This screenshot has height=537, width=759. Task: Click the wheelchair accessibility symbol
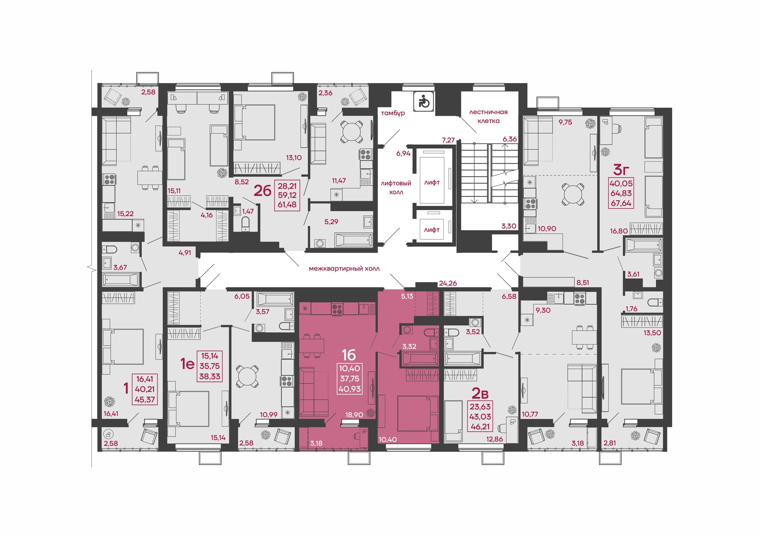coord(424,101)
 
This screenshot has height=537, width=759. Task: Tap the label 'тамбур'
coord(393,113)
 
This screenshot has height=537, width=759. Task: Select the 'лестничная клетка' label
coord(488,116)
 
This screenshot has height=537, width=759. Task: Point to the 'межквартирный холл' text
coord(344,268)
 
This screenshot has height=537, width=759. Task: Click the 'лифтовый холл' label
coord(396,188)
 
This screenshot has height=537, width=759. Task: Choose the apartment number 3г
coord(621,170)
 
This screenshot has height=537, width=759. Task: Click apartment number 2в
coord(480,393)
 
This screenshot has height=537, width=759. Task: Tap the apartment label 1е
coord(187,363)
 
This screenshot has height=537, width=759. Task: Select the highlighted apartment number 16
coord(348,355)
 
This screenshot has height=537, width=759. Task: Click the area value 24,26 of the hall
coord(448,283)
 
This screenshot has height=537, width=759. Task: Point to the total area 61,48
coord(287,205)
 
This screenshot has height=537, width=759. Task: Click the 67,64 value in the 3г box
coord(621,203)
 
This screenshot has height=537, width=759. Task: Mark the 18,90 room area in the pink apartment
coord(354,415)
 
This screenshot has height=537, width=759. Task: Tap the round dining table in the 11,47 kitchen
coord(351,131)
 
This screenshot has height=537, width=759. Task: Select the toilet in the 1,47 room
coord(246,224)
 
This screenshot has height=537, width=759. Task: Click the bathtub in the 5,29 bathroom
coord(354,240)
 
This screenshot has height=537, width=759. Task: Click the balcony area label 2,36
coord(325,93)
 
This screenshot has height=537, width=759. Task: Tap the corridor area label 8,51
coord(583,283)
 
